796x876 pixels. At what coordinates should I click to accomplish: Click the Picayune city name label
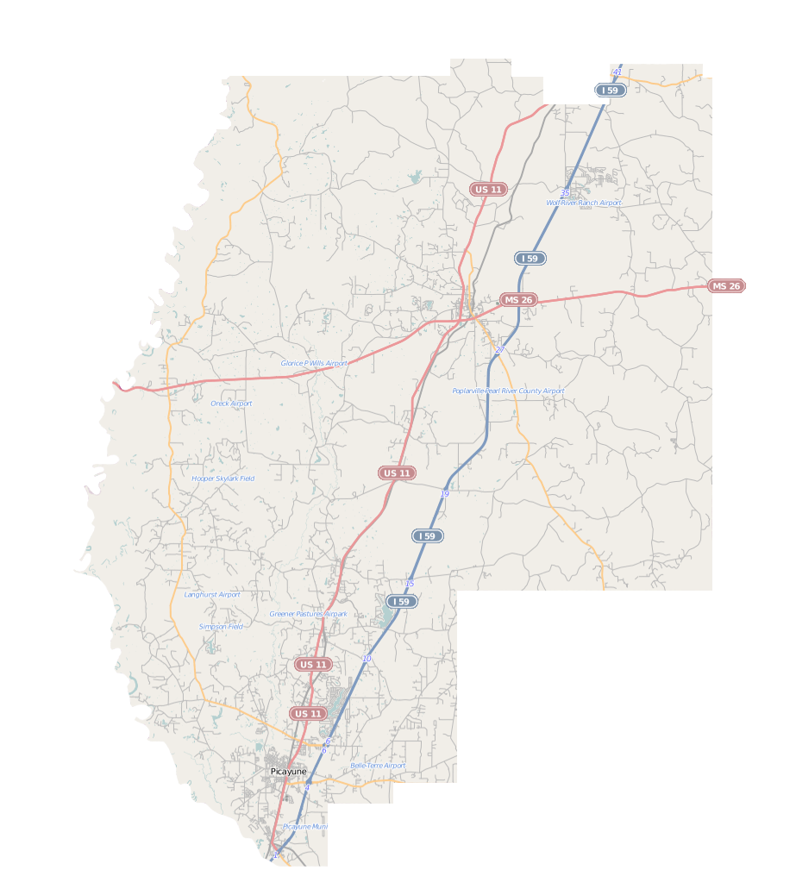tap(288, 771)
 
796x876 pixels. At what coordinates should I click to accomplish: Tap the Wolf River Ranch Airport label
tap(583, 203)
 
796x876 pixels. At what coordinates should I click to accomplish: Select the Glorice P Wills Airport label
tap(314, 363)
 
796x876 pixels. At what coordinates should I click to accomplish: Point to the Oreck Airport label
tap(231, 403)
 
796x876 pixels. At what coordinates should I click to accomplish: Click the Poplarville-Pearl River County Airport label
tap(508, 391)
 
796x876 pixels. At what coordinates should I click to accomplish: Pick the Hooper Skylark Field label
tap(223, 478)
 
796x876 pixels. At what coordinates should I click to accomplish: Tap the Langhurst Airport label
tap(212, 594)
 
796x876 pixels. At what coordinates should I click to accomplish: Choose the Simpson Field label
tap(221, 627)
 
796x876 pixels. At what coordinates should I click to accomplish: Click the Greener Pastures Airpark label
tap(308, 614)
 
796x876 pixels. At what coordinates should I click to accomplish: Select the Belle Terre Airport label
tap(378, 766)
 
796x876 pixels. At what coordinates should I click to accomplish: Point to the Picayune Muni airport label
tap(305, 826)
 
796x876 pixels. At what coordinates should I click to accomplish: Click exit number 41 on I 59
tap(617, 72)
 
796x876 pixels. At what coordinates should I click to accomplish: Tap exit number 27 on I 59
tap(499, 350)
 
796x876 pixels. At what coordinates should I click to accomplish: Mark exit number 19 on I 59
tap(445, 493)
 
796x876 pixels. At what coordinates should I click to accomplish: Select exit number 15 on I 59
tap(409, 584)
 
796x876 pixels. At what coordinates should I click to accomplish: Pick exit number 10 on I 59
tap(367, 659)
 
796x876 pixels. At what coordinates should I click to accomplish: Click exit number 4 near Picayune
tap(306, 787)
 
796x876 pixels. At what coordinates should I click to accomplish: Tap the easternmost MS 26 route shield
tap(726, 286)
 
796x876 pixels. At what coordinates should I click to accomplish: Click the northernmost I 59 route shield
tap(611, 91)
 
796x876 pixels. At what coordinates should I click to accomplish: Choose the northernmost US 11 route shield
tap(488, 189)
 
